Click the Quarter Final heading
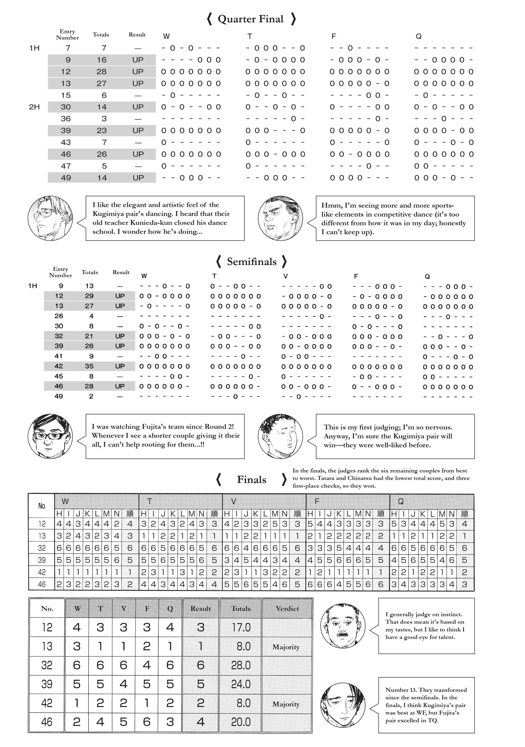point(251,19)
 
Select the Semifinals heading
point(252,262)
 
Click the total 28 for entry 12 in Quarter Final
point(101,72)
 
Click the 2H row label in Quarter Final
point(34,107)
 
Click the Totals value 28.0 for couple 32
point(241,665)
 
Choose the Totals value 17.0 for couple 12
point(241,627)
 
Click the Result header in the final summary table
point(201,608)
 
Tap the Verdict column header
point(287,608)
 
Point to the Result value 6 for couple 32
point(201,665)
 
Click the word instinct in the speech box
point(451,614)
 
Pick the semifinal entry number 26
point(59,316)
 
